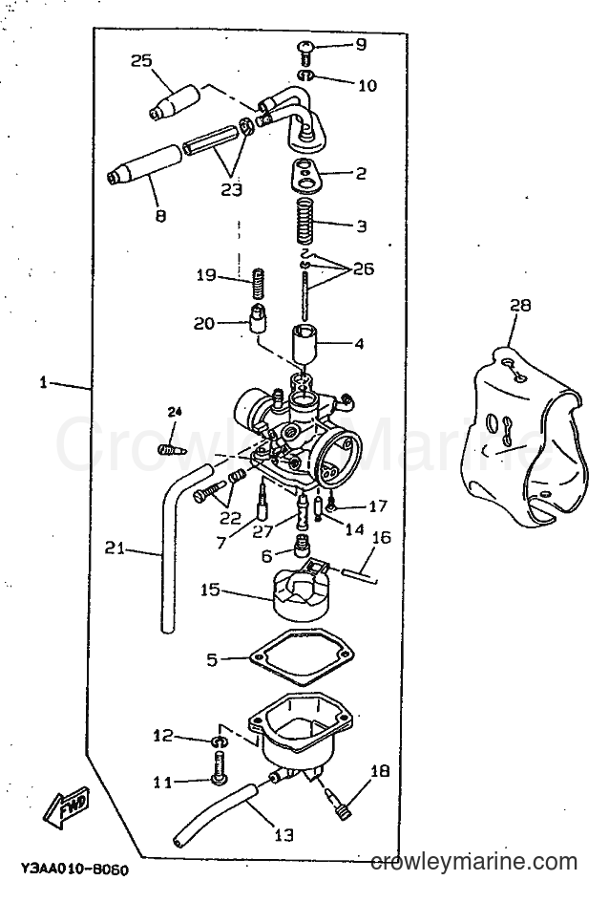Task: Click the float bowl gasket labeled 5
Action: (303, 658)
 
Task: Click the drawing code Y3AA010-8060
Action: (74, 869)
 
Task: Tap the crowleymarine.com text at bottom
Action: (474, 862)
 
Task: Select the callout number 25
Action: (140, 60)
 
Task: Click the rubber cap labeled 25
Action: (176, 101)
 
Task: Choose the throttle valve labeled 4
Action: (305, 346)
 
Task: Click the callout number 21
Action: (115, 548)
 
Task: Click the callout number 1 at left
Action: (43, 382)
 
